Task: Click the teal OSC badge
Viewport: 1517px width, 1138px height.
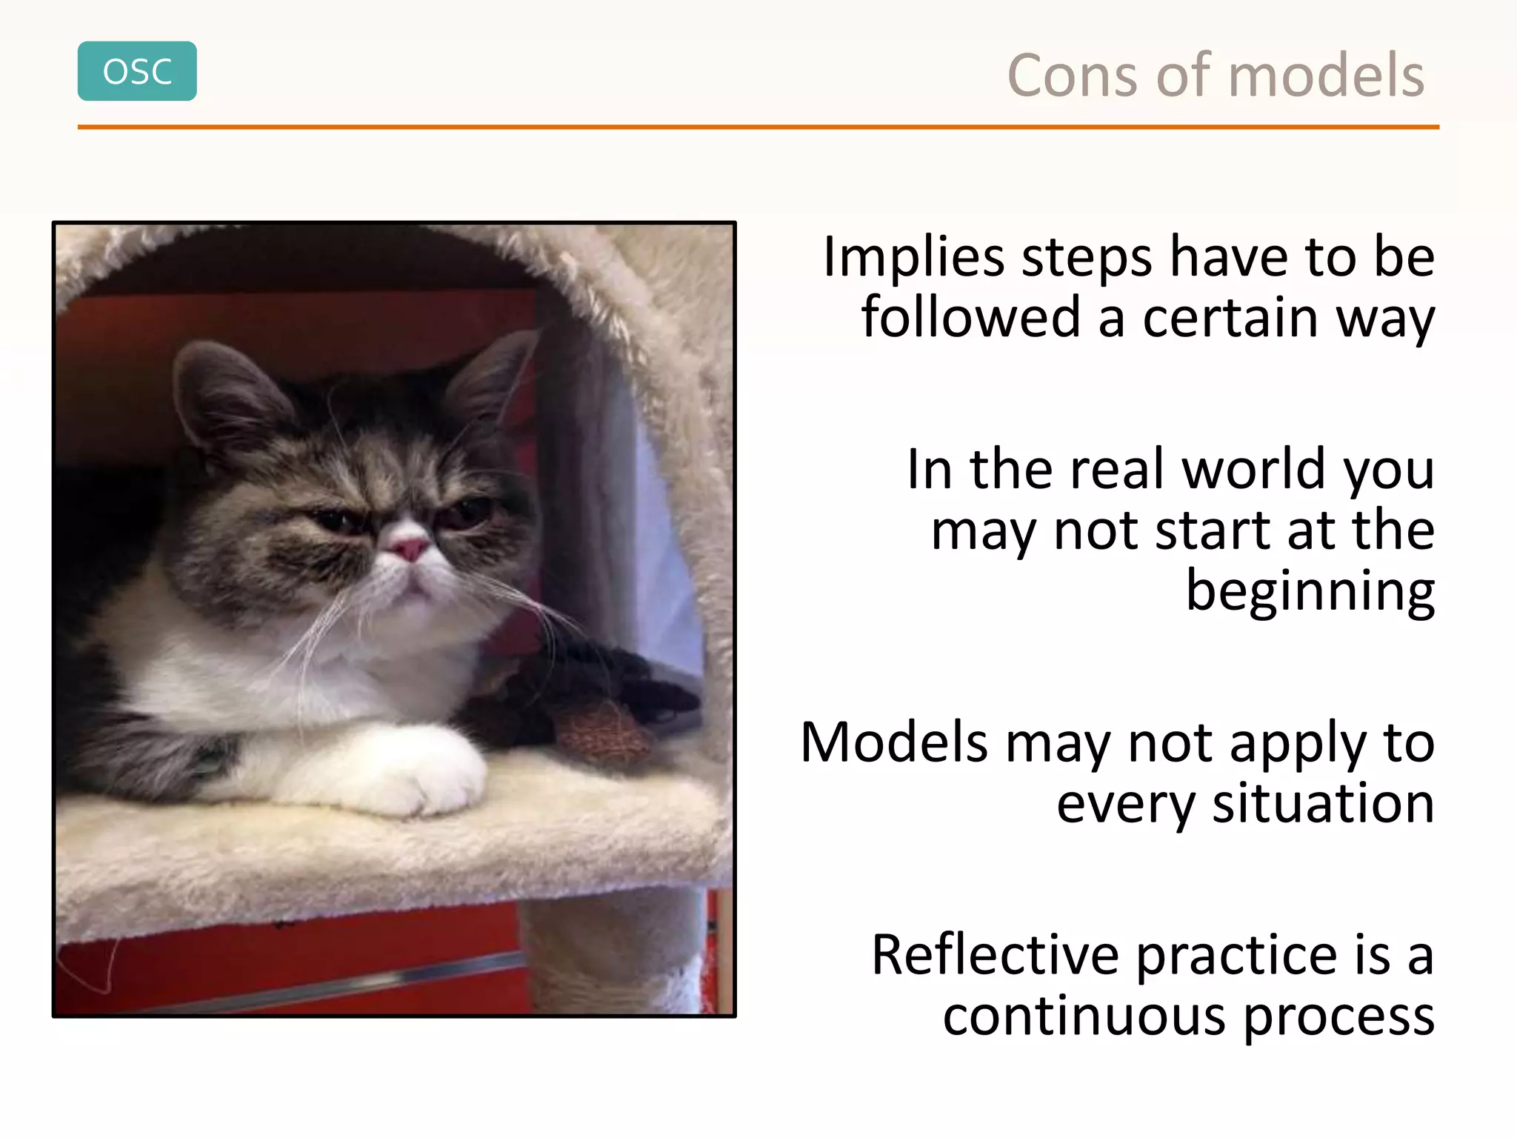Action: pyautogui.click(x=137, y=71)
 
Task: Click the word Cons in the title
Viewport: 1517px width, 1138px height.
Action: pyautogui.click(x=1071, y=76)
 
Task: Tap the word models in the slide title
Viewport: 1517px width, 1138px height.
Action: pyautogui.click(x=1326, y=76)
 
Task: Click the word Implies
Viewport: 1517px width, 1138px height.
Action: pyautogui.click(x=914, y=258)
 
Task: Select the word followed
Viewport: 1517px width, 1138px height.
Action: pyautogui.click(x=970, y=318)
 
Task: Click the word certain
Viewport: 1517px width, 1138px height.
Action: pyautogui.click(x=1230, y=318)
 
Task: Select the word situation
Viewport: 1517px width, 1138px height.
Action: pyautogui.click(x=1323, y=804)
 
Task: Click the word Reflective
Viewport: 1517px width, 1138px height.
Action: pyautogui.click(x=995, y=955)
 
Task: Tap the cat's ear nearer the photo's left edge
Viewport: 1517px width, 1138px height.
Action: pyautogui.click(x=222, y=393)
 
